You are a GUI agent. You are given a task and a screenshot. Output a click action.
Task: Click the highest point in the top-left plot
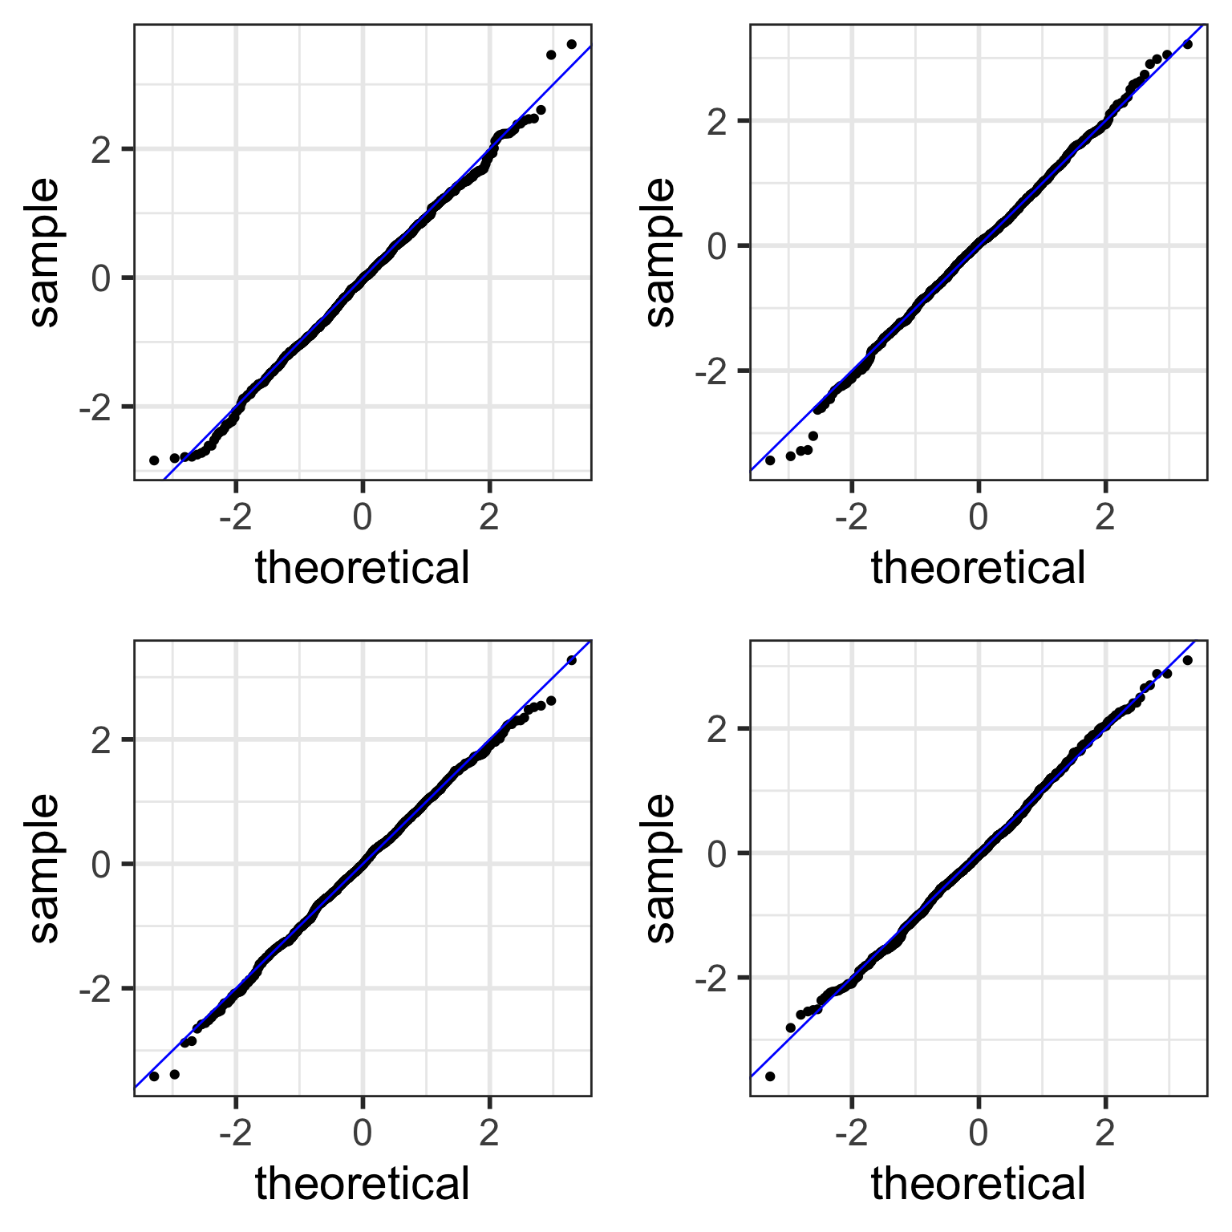coord(571,44)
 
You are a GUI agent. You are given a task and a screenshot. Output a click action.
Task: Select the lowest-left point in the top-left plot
coord(154,460)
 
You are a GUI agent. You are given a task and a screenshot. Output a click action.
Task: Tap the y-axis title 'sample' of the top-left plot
coord(45,252)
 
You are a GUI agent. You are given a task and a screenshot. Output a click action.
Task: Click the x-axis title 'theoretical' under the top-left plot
coord(363,568)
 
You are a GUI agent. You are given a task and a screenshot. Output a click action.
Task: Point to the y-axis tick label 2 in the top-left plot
coord(101,150)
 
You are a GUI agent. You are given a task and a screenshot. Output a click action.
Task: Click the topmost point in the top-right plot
coord(1187,44)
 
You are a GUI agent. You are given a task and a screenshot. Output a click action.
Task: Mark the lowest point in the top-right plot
coord(770,460)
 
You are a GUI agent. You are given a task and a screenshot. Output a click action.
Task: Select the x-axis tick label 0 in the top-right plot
coord(979,517)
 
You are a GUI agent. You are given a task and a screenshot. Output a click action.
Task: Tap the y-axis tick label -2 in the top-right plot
coord(711,371)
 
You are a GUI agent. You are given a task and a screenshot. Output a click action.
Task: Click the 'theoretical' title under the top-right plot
coord(979,568)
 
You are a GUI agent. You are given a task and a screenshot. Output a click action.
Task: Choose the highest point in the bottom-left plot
coord(571,660)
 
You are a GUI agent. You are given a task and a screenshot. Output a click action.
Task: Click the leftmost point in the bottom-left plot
coord(154,1076)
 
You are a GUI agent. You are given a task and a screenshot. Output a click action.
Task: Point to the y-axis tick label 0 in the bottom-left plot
coord(101,865)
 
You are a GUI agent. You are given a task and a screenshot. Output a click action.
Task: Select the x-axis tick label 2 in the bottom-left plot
coord(489,1133)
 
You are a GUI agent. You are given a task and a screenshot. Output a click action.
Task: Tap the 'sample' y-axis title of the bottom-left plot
coord(45,868)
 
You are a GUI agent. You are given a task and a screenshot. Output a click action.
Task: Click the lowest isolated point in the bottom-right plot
coord(770,1076)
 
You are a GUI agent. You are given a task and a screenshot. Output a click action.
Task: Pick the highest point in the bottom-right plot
coord(1187,660)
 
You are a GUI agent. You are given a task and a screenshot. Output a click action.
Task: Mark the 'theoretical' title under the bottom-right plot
coord(979,1184)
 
